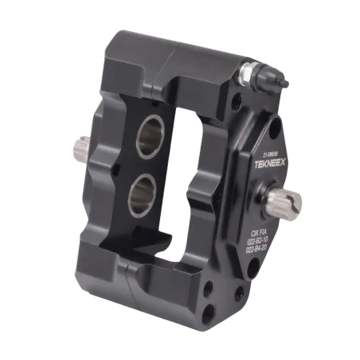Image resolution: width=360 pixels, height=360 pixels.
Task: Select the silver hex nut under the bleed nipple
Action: (x=249, y=74)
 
